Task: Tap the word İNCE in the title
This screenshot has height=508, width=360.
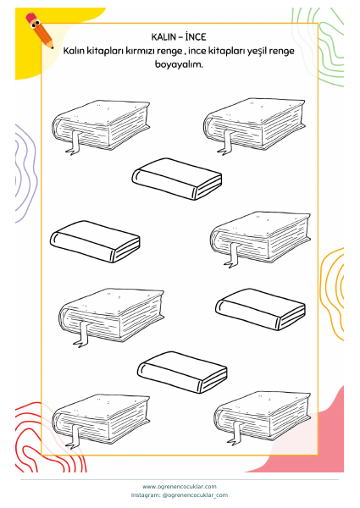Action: tap(196, 36)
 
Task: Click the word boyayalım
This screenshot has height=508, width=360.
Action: tap(179, 64)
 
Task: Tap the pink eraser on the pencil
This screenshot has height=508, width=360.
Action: tap(31, 17)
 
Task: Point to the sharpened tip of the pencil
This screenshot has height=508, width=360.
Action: tap(52, 47)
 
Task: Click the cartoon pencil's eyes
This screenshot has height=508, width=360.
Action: tap(36, 25)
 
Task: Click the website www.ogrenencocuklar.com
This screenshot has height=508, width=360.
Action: tap(180, 486)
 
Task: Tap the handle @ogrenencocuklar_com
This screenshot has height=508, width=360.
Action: tap(195, 495)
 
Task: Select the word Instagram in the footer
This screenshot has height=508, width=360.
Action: tap(146, 495)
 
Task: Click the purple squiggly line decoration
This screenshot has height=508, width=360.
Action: tap(26, 174)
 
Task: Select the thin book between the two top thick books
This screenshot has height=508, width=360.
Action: tap(177, 179)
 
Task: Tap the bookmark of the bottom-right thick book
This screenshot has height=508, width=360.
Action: tap(235, 433)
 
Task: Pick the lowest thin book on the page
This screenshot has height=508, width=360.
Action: tap(182, 373)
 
